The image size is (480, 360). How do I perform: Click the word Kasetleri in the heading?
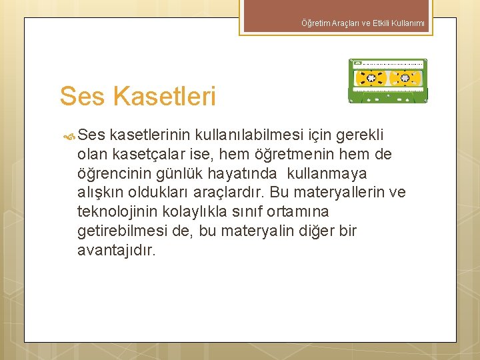click(x=165, y=96)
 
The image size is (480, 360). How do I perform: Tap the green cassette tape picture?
click(x=388, y=81)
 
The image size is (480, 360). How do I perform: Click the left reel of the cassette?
click(x=368, y=78)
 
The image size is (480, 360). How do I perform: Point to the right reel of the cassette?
click(x=404, y=78)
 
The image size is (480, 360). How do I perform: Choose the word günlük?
click(x=188, y=174)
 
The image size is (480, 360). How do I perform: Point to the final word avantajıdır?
click(x=117, y=251)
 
